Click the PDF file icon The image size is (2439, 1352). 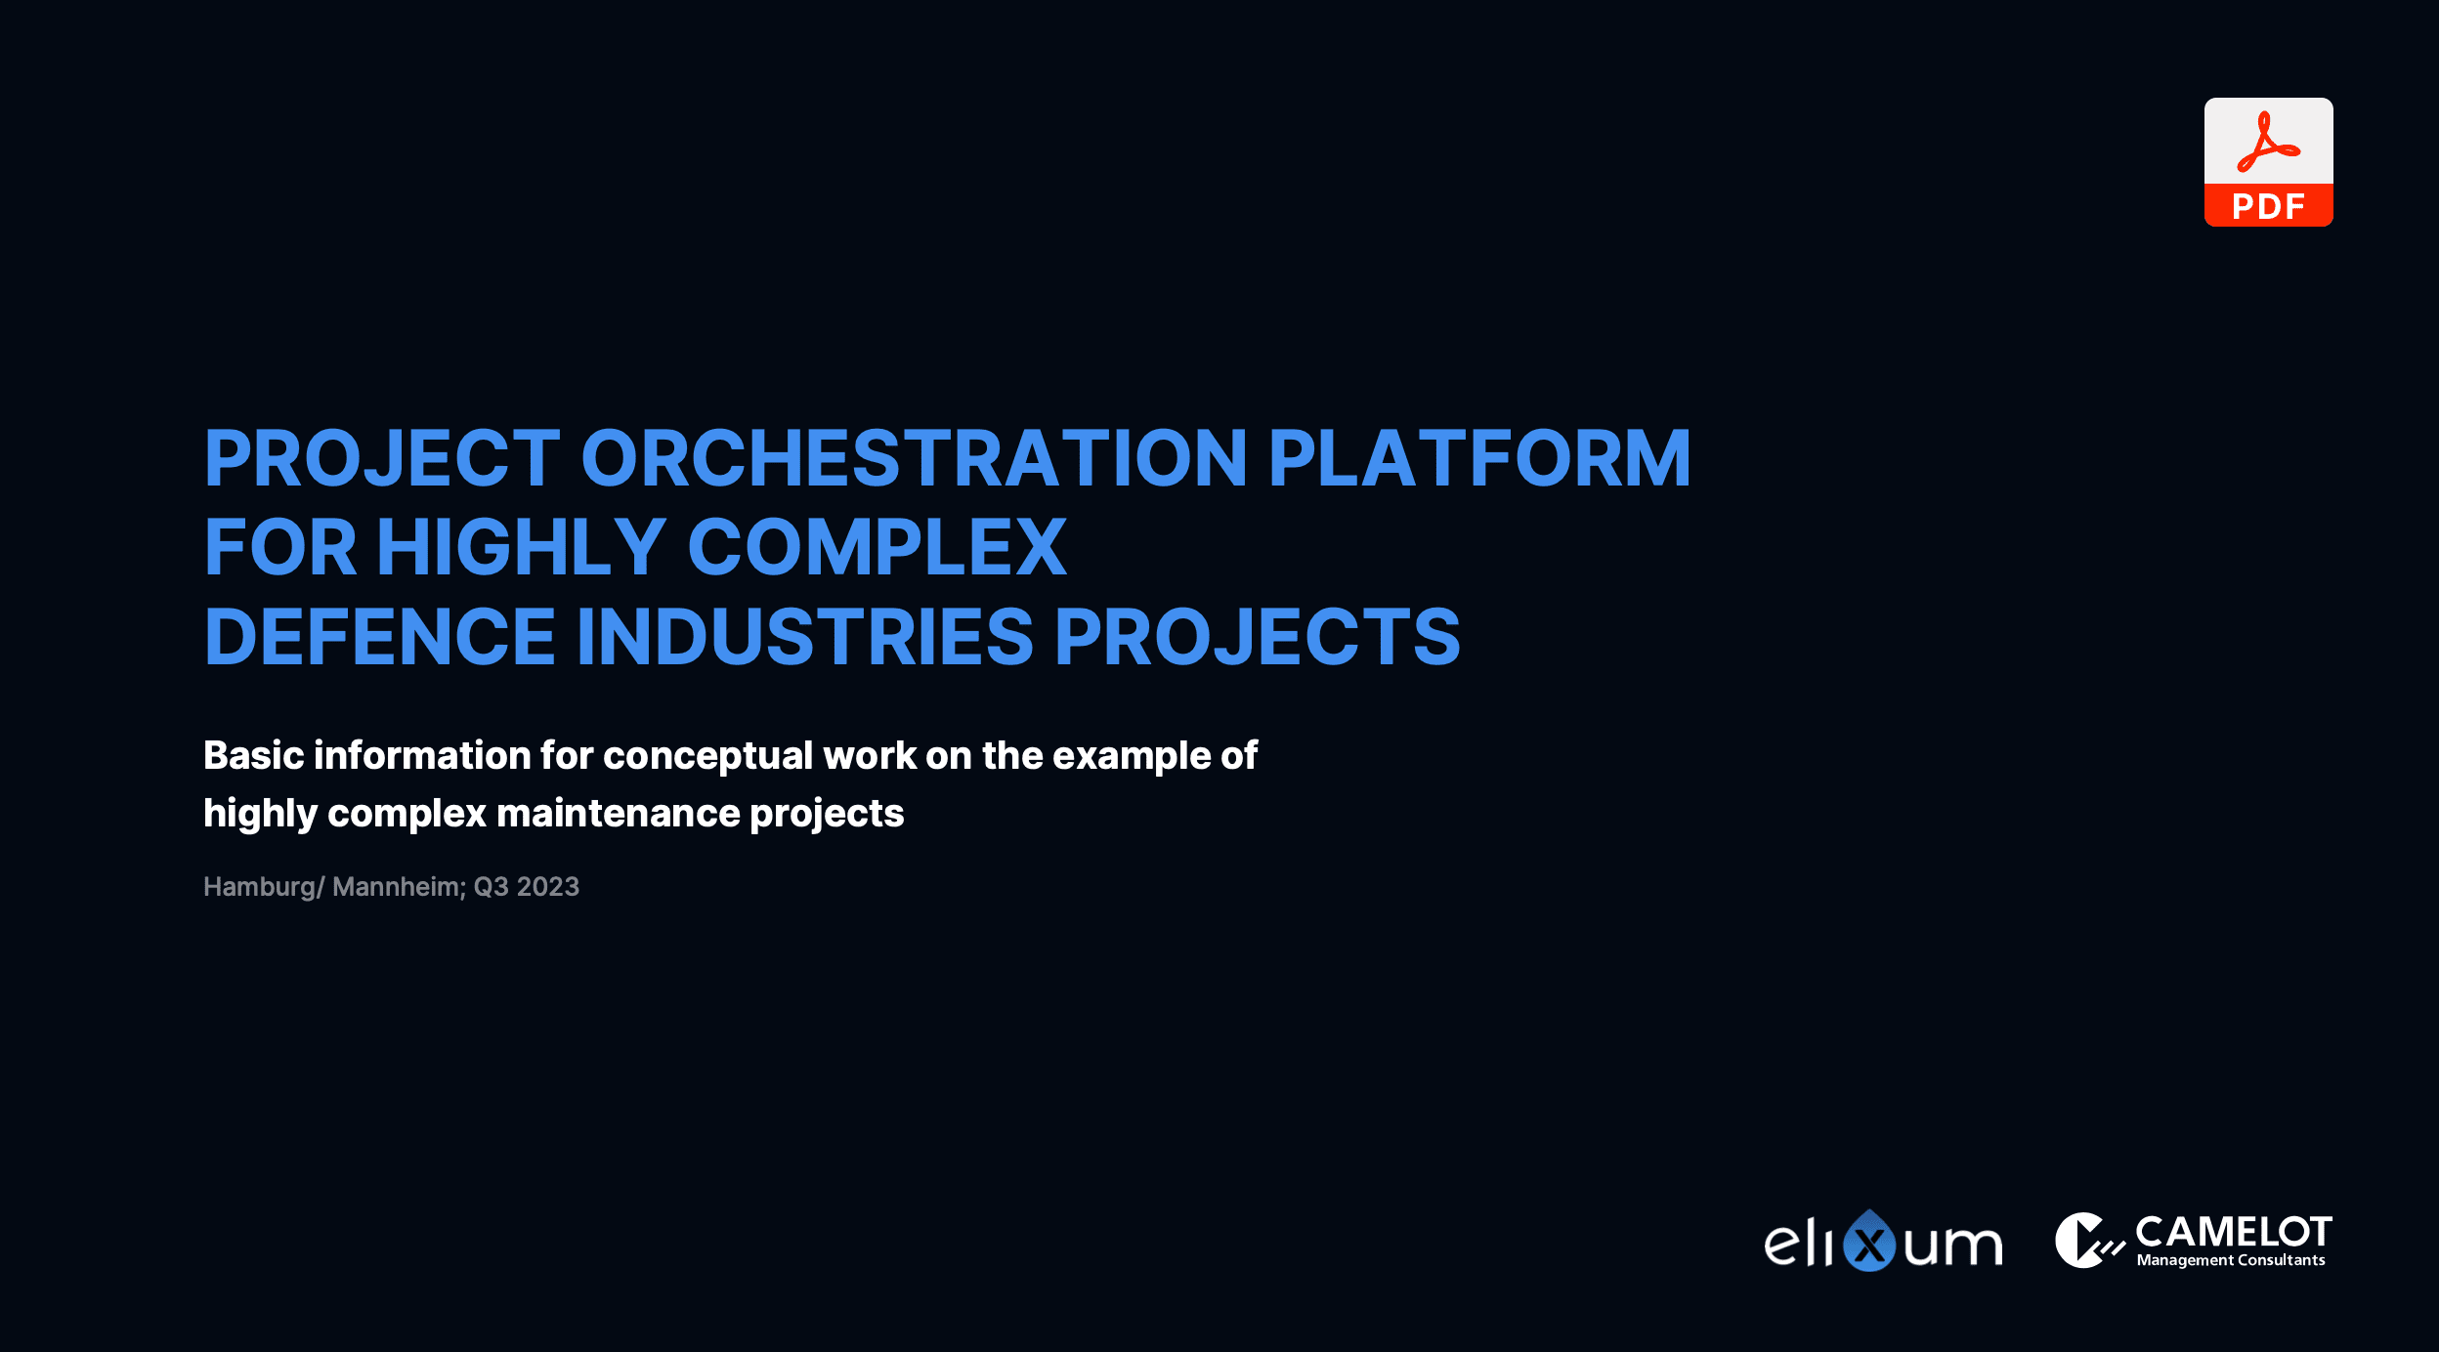[x=2268, y=162]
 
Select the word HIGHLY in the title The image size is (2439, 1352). [x=521, y=547]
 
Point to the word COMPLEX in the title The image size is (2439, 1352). [x=877, y=547]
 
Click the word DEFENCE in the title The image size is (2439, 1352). [x=380, y=637]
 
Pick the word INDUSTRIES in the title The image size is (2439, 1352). [x=805, y=637]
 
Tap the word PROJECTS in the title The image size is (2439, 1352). [x=1258, y=637]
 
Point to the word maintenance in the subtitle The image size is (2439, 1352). [x=619, y=813]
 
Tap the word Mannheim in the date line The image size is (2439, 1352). [x=396, y=886]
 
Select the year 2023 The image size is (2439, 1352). [x=547, y=886]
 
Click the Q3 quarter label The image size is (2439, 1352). [x=492, y=886]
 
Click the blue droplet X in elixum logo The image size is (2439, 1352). [x=1869, y=1241]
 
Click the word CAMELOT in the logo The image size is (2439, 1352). [x=2234, y=1232]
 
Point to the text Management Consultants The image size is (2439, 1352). [x=2231, y=1260]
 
